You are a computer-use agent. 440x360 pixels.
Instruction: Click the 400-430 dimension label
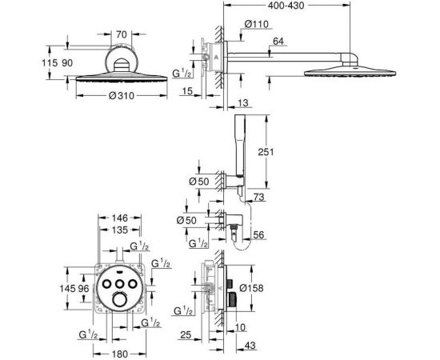[286, 6]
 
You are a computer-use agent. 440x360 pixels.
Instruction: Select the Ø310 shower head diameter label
[122, 96]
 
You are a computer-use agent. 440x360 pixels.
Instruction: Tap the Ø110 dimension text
[257, 24]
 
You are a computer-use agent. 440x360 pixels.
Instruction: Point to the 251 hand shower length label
[266, 152]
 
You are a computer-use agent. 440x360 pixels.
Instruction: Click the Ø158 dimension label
[252, 288]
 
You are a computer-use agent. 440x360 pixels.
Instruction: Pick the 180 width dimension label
[120, 354]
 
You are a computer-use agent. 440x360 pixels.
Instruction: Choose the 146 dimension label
[120, 218]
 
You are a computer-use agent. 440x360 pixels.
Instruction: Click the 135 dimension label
[120, 230]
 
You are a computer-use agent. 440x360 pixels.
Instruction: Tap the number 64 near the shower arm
[278, 42]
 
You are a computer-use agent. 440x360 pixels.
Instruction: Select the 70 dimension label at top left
[122, 34]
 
